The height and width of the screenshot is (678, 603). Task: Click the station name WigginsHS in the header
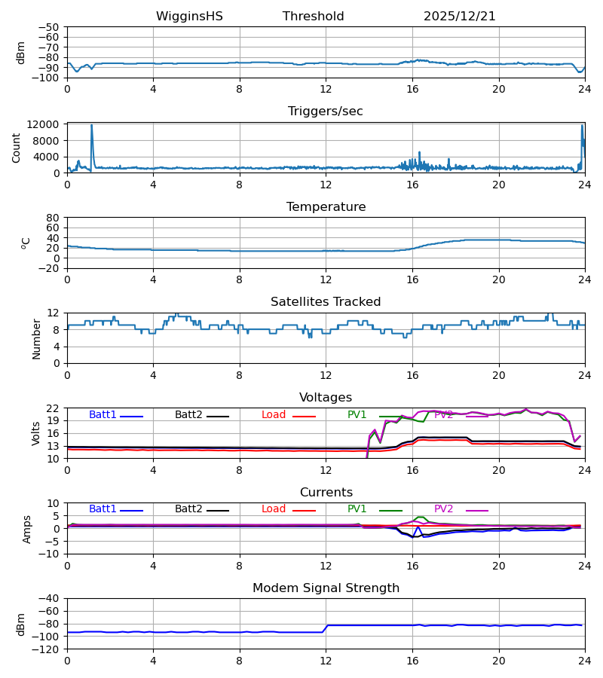[x=189, y=17]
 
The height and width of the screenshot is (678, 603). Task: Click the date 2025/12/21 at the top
[x=460, y=17]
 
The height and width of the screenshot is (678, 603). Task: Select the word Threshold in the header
[x=314, y=17]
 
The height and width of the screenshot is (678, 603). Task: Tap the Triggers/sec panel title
[x=326, y=111]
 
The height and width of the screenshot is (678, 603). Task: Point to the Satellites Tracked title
[x=326, y=302]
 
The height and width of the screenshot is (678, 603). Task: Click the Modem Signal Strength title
[x=326, y=588]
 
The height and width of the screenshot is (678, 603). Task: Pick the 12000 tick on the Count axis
[x=47, y=124]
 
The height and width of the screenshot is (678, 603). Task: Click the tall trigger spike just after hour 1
[x=92, y=127]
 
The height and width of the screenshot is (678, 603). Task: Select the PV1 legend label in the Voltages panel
[x=357, y=415]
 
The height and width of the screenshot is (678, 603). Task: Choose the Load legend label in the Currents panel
[x=273, y=509]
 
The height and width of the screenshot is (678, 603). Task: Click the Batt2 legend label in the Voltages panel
[x=188, y=415]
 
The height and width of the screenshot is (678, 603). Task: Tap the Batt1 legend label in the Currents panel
[x=103, y=509]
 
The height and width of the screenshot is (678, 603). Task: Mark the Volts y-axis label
[x=36, y=433]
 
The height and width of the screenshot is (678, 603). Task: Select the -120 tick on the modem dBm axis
[x=50, y=649]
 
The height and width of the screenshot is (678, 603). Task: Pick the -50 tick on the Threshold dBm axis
[x=50, y=27]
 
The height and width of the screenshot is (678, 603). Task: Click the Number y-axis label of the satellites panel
[x=36, y=338]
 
